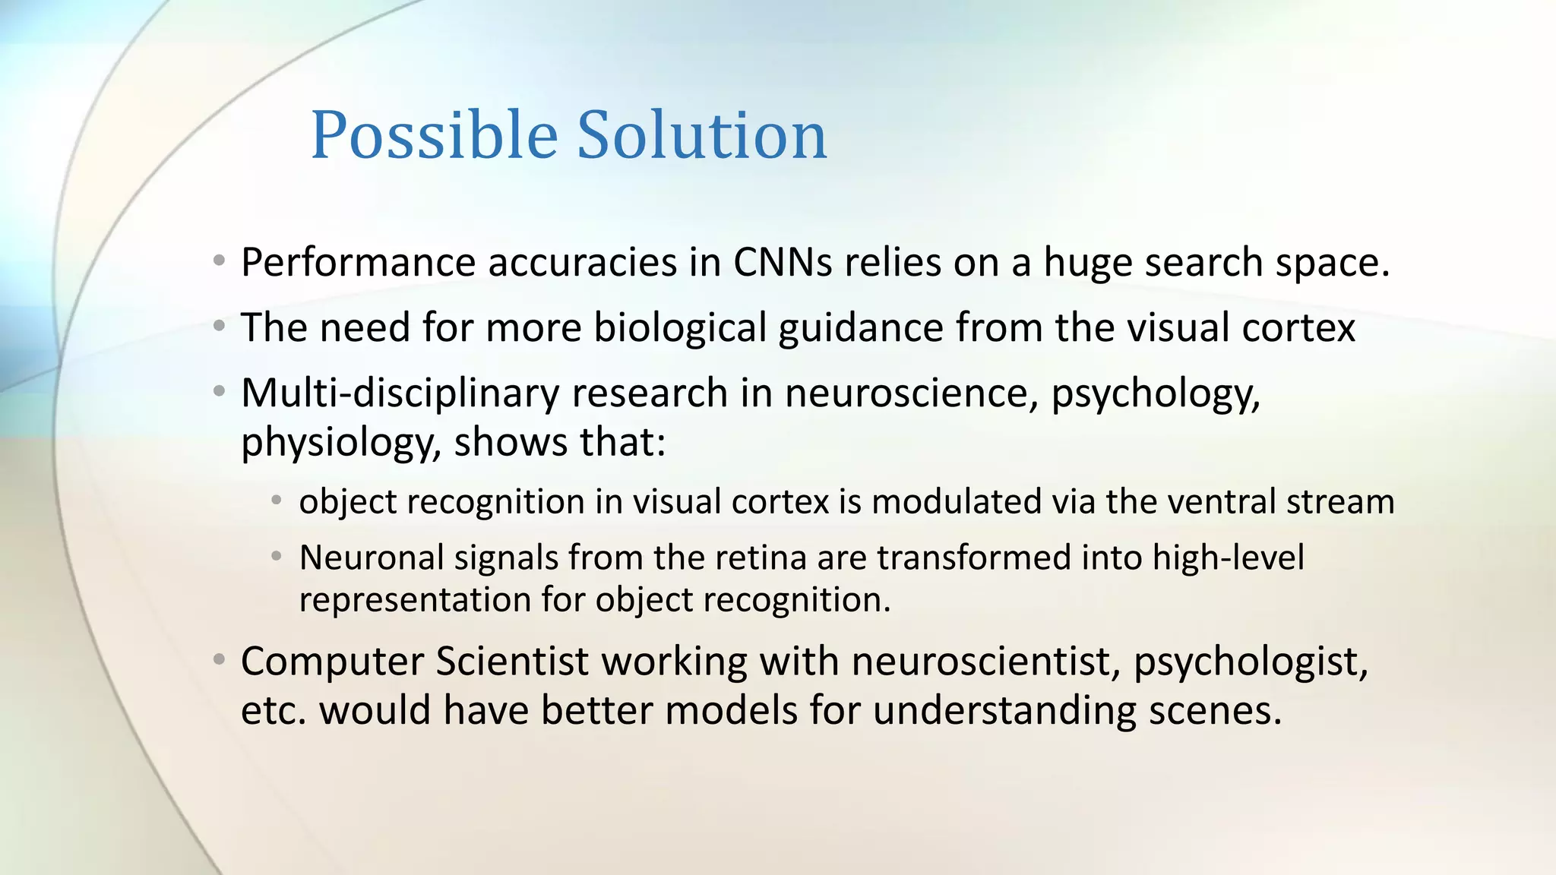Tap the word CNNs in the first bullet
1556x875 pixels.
[x=783, y=263]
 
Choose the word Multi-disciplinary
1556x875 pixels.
[x=400, y=393]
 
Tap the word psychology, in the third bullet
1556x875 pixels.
[x=1155, y=393]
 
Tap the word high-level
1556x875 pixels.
[x=1228, y=558]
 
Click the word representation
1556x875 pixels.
[x=415, y=600]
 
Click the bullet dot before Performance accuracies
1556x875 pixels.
[x=219, y=261]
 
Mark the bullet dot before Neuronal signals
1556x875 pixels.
[x=277, y=557]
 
